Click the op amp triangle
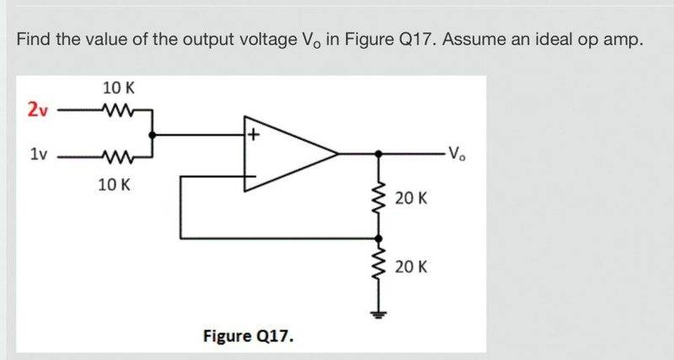pyautogui.click(x=286, y=154)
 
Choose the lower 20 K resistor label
pyautogui.click(x=411, y=267)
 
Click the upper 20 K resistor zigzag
pyautogui.click(x=378, y=198)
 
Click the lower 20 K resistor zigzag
pyautogui.click(x=378, y=267)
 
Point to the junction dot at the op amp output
pyautogui.click(x=378, y=154)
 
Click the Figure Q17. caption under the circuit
pyautogui.click(x=249, y=336)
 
